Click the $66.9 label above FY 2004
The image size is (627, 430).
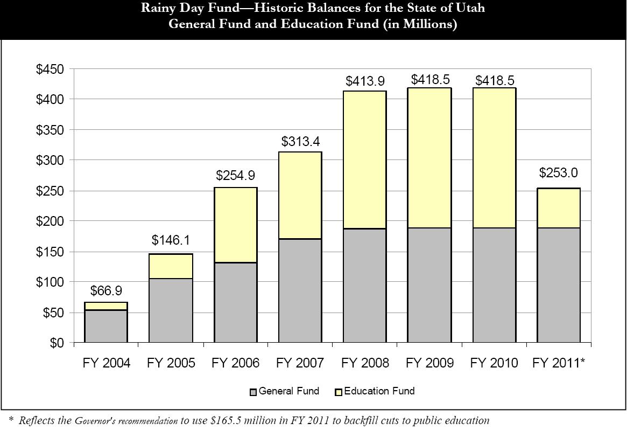pos(106,292)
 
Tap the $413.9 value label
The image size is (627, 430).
pos(364,81)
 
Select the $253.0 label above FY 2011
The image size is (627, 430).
pos(558,173)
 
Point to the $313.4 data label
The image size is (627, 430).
pos(300,142)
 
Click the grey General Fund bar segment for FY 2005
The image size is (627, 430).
pos(171,310)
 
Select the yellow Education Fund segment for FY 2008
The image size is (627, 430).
pos(364,160)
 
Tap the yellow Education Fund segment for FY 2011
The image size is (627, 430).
pos(558,208)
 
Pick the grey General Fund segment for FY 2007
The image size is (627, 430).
pos(300,290)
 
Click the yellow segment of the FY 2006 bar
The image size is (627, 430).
pos(235,225)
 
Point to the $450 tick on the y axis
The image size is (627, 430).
pos(50,70)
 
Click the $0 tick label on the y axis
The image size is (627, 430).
pos(56,343)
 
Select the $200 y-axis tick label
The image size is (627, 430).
pos(50,221)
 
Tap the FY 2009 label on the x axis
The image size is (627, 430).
pos(429,363)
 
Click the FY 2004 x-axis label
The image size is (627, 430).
pos(107,363)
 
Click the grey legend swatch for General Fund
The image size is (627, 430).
pos(253,392)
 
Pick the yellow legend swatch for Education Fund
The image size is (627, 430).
pos(339,392)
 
